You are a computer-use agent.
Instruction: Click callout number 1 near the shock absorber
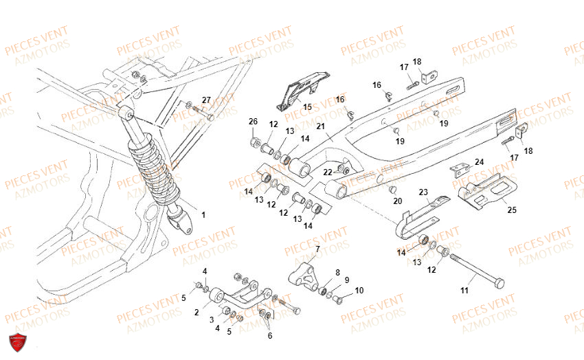203,214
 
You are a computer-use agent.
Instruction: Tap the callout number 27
207,100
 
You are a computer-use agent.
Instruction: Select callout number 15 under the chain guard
306,106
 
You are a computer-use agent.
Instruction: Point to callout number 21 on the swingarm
320,126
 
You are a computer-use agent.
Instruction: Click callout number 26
253,122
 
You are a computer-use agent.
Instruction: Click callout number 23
423,193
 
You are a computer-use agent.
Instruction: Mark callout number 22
328,172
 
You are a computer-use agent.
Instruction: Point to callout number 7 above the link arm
317,248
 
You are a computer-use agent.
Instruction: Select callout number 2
196,313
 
